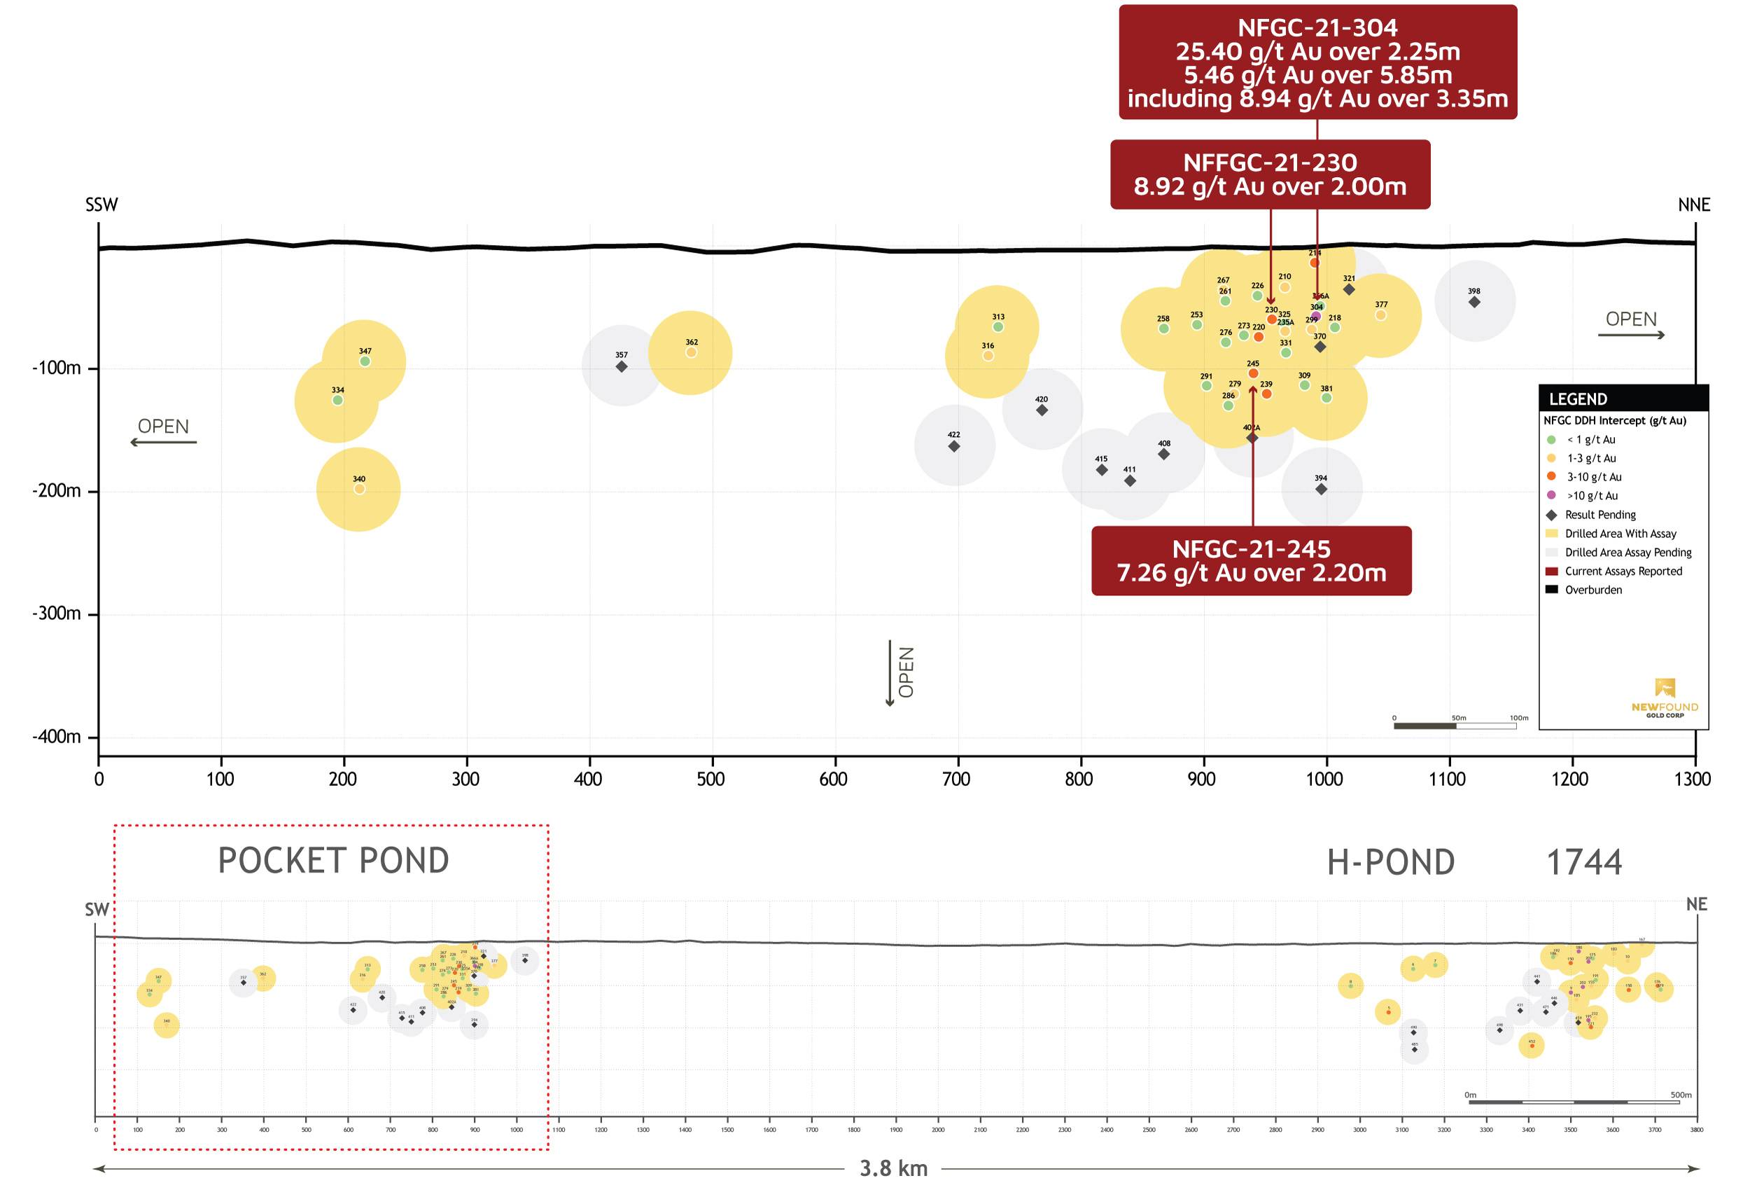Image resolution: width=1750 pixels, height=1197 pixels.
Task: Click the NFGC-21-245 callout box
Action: (1251, 560)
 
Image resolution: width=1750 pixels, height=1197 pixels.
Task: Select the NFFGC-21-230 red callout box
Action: (1270, 174)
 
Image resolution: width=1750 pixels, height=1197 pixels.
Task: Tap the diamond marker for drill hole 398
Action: (1473, 302)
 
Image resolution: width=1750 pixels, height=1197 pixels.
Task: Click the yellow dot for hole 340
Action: (359, 489)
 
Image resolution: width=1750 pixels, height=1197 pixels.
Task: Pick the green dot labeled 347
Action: (365, 361)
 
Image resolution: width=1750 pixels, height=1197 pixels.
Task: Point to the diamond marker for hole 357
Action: (621, 367)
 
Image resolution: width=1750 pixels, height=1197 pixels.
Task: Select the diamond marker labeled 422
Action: (953, 447)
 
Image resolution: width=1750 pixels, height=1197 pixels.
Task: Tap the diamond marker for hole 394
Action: (1321, 490)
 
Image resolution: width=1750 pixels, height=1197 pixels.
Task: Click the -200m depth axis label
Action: (57, 491)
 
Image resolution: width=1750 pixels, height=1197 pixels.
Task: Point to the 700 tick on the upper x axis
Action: (955, 779)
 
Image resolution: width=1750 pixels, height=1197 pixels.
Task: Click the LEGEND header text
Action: (1578, 399)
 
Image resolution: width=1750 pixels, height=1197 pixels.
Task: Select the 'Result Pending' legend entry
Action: (1599, 515)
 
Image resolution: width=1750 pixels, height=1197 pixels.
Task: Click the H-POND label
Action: (1390, 862)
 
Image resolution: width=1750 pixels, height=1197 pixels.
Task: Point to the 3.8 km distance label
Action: (893, 1168)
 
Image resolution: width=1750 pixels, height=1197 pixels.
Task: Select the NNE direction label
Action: (1693, 205)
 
